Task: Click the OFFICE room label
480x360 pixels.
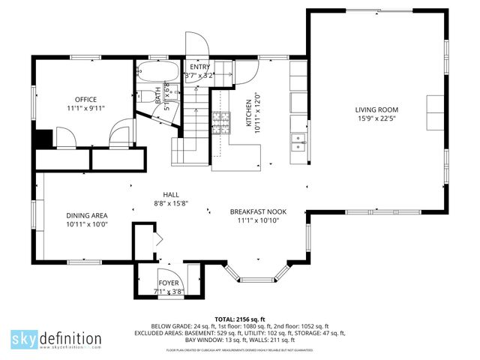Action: click(85, 99)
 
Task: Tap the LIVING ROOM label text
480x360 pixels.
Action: click(376, 109)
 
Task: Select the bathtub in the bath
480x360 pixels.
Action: click(158, 73)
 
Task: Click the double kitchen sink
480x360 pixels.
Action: click(298, 138)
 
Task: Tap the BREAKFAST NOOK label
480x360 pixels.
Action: click(259, 212)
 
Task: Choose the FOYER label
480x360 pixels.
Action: click(167, 283)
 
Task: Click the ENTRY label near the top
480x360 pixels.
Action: click(199, 67)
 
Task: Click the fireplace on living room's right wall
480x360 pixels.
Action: click(435, 113)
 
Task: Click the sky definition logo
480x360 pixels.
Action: click(55, 340)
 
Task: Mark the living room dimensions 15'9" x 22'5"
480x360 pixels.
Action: click(376, 118)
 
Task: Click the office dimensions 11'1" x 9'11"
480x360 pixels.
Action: click(85, 108)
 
